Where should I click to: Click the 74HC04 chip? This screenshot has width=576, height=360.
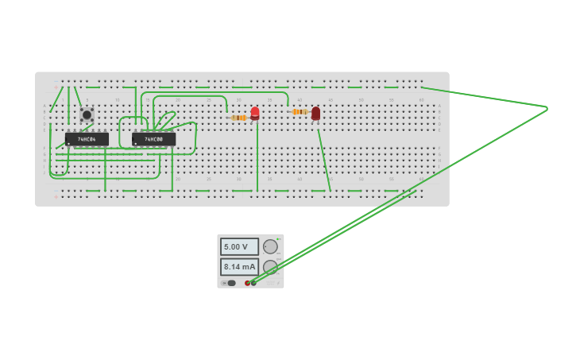87,139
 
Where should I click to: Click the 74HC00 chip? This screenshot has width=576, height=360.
153,139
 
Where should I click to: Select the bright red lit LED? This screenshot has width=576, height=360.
255,114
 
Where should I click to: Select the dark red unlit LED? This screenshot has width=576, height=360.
315,114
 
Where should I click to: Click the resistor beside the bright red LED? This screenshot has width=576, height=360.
238,118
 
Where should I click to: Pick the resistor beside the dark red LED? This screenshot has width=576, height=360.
299,112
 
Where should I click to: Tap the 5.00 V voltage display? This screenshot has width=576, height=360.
238,246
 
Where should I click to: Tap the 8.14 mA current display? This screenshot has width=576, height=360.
238,266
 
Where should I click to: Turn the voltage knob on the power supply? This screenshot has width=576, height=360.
271,246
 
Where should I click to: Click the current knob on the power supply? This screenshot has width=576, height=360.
271,266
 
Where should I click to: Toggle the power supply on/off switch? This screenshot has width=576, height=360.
230,283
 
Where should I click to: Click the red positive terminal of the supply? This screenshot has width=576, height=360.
248,283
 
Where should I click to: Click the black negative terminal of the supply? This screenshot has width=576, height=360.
254,283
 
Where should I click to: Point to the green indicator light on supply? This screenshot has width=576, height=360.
279,238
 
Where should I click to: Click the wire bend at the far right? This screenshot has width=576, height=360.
547,107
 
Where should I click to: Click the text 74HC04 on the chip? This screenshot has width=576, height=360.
87,139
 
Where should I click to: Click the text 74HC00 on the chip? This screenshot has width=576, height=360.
153,139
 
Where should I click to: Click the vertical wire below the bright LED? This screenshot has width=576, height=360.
257,159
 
